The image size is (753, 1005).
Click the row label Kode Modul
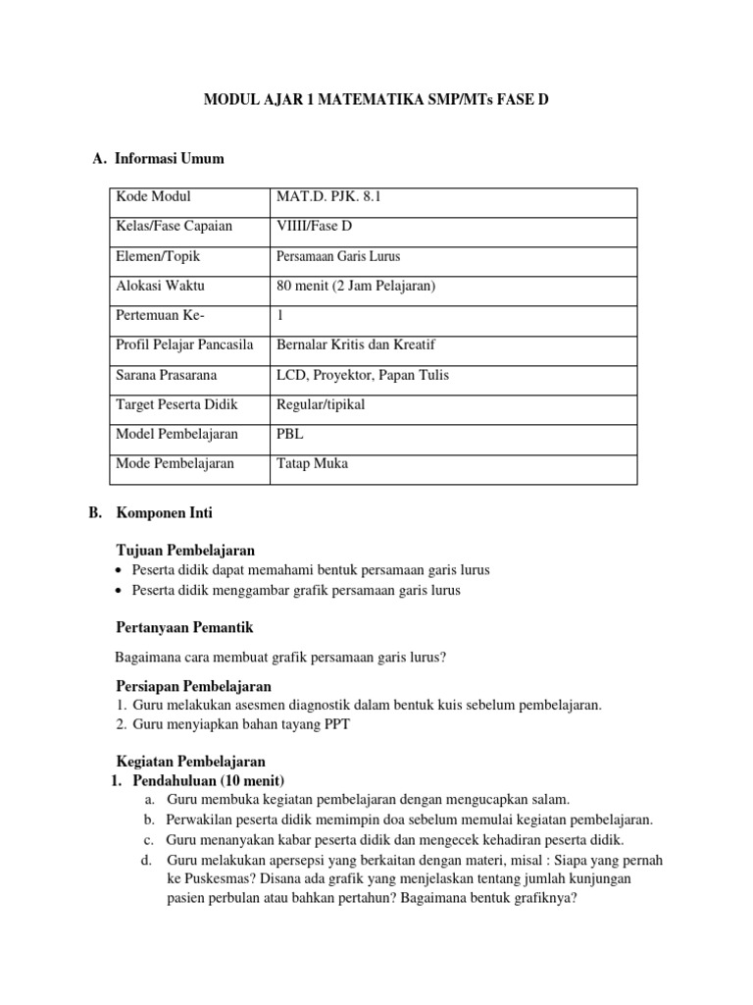[x=153, y=197]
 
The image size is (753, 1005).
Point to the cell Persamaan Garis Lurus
[x=339, y=256]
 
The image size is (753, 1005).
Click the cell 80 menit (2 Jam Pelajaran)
[x=356, y=286]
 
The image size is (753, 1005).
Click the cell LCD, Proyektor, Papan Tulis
[x=364, y=375]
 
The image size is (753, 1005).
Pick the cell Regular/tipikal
[x=322, y=404]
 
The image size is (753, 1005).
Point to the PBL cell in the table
[x=290, y=434]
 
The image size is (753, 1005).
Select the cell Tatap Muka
[x=313, y=463]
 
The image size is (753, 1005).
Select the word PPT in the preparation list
[x=335, y=724]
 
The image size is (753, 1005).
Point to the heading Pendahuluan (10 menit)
[x=208, y=780]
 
